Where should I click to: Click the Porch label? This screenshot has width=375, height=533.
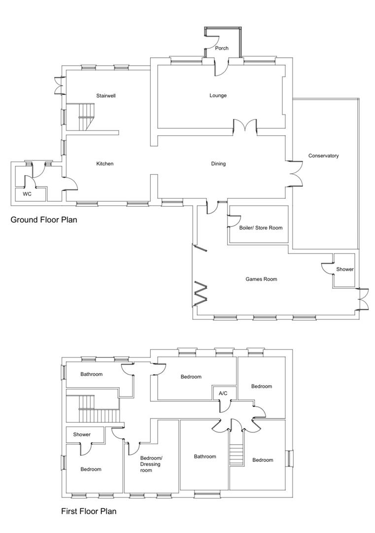(222, 48)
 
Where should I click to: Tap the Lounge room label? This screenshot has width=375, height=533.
(218, 95)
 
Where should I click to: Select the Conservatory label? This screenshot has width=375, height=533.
(323, 156)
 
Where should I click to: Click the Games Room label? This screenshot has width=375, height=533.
(261, 279)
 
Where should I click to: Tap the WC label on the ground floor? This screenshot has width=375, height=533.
(27, 194)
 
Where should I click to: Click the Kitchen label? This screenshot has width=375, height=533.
(105, 163)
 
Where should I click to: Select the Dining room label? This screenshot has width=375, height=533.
(218, 163)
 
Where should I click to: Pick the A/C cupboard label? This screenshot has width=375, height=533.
(223, 393)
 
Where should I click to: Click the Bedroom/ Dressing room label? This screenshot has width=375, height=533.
(151, 464)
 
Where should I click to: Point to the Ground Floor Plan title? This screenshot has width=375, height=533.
(44, 220)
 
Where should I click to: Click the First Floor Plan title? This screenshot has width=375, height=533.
(89, 511)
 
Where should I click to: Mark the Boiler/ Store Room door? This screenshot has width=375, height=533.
(234, 220)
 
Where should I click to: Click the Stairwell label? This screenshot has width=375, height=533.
(105, 95)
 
